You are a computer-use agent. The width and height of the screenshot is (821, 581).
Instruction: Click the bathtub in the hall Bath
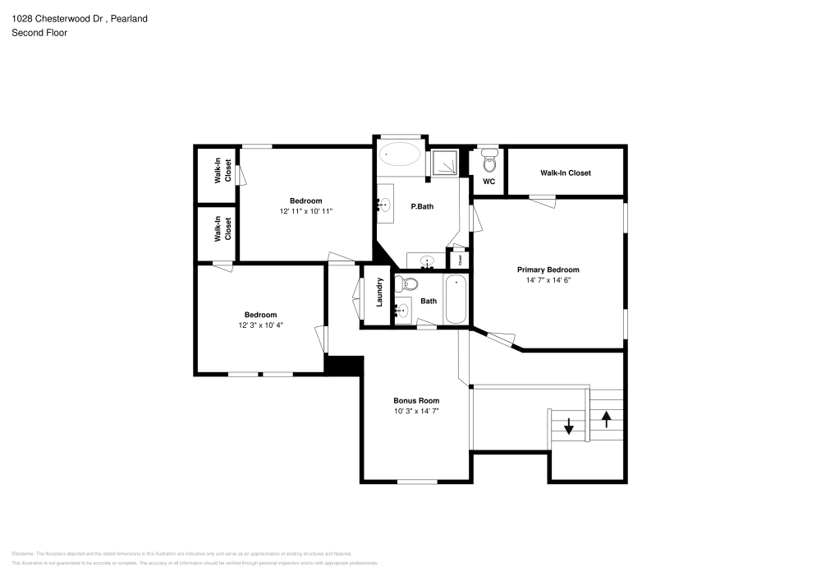[456, 301]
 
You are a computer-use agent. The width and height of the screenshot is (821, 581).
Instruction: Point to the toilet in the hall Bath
[406, 285]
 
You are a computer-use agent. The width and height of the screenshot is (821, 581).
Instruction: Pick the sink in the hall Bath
[401, 310]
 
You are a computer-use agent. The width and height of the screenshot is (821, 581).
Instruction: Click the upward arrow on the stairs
[607, 419]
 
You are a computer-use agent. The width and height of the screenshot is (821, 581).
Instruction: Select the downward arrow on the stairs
[568, 426]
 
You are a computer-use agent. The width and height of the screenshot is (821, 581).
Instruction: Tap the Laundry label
[380, 293]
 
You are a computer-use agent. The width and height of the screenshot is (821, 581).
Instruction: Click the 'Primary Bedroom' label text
[548, 270]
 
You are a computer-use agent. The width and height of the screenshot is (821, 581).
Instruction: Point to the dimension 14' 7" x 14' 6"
[548, 280]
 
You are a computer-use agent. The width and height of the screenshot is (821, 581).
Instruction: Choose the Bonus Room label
[416, 400]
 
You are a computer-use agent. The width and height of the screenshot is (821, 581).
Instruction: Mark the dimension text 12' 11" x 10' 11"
[305, 211]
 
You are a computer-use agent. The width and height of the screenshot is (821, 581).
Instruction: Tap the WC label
[488, 182]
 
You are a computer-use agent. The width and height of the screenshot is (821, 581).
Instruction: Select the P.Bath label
[422, 206]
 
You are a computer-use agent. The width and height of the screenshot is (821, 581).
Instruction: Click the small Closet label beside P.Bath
[461, 259]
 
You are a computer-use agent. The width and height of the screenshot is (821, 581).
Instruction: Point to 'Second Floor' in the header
[39, 33]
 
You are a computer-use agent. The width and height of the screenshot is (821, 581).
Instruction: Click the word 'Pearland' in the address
[129, 18]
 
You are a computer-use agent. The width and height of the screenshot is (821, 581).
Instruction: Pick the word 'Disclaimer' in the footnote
[23, 554]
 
